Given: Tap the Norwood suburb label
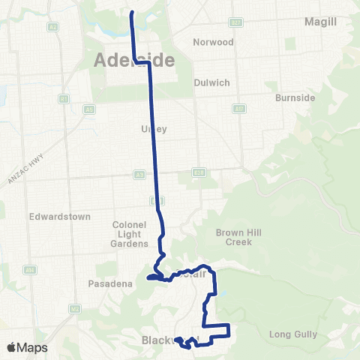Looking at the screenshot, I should (x=213, y=42).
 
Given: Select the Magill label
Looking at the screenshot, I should (x=320, y=22).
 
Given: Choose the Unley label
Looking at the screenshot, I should (x=153, y=129).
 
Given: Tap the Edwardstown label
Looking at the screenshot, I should (x=60, y=217).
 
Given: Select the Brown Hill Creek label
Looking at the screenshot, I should (x=236, y=237).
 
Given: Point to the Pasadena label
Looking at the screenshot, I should (x=110, y=283).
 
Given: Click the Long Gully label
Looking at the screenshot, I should (x=295, y=334).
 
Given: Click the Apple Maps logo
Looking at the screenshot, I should (x=27, y=347).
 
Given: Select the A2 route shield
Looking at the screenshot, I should (x=52, y=26).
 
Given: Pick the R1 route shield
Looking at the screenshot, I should (x=64, y=99).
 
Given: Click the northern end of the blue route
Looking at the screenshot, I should (x=132, y=13).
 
